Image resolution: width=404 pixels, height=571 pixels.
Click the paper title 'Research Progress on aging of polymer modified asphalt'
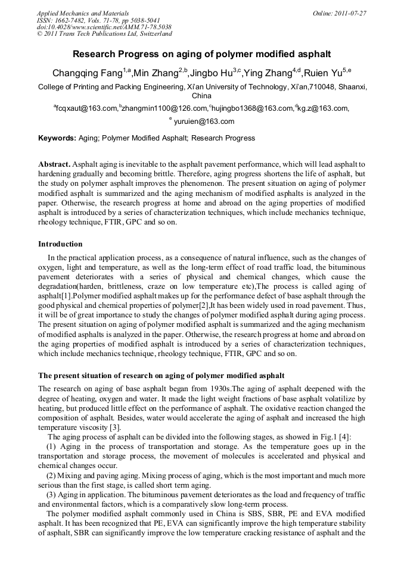[x=202, y=54]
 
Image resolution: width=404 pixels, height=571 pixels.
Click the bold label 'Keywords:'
[x=57, y=138]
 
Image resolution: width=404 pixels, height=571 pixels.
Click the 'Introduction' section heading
[x=60, y=244]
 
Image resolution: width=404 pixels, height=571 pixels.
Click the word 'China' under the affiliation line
[x=202, y=95]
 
